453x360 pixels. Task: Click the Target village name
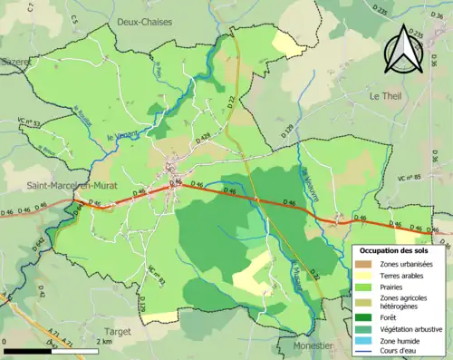coord(119,332)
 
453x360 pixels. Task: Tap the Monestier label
coord(315,346)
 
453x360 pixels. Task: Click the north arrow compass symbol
coord(403,49)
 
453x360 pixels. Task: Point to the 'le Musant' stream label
coord(296,272)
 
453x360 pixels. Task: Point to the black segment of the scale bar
coord(27,349)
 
